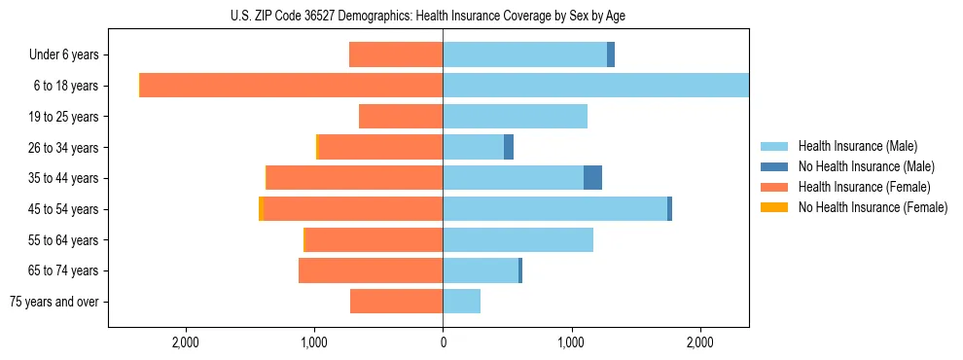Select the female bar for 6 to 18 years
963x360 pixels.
coord(292,86)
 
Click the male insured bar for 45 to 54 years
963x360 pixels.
coord(554,208)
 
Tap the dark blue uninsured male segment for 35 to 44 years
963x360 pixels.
coord(592,177)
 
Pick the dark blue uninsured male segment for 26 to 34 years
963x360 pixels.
coord(509,147)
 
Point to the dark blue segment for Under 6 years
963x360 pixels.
coord(611,54)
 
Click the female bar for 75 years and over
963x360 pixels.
coord(396,301)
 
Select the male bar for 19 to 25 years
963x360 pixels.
coord(515,116)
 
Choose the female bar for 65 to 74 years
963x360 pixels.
coord(371,270)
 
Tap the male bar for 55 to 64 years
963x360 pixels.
coord(517,239)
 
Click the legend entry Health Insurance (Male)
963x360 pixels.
coord(857,146)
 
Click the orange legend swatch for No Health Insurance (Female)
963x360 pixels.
coord(775,207)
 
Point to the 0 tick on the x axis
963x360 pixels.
coord(443,342)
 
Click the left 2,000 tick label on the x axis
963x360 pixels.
coord(185,342)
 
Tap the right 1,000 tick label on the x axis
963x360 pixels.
coord(571,342)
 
